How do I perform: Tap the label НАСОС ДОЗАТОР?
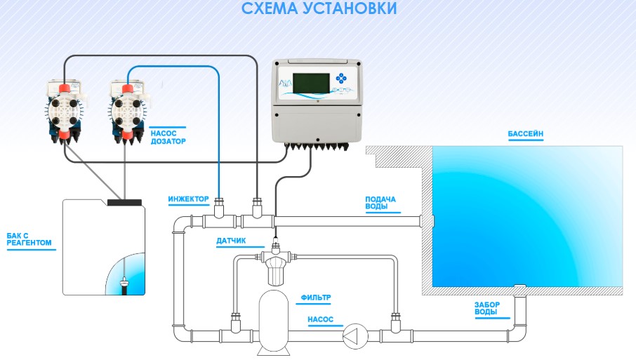point(168,135)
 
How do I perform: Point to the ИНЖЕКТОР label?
point(188,199)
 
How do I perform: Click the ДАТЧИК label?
point(230,241)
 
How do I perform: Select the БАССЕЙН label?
point(526,133)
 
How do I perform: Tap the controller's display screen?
point(312,81)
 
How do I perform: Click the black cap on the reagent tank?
point(125,202)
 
